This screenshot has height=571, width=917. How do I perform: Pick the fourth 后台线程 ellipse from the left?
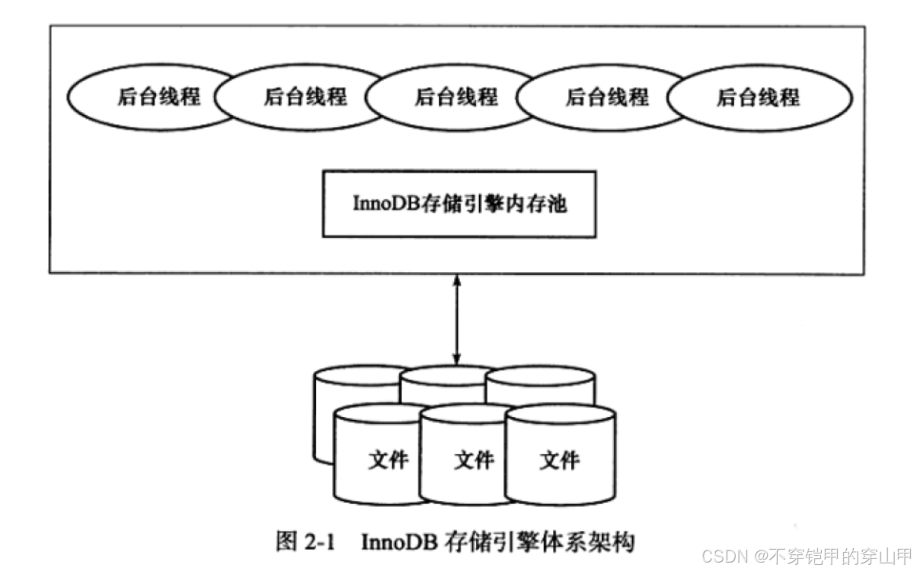point(602,98)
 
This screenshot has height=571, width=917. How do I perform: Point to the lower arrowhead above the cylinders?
point(456,358)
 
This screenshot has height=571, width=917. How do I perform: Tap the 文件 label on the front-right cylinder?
point(560,460)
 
